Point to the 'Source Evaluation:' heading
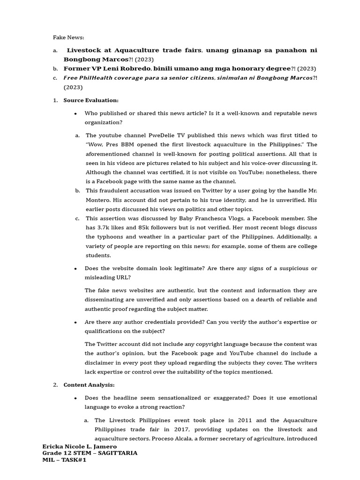click(91, 100)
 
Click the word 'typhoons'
click(110, 237)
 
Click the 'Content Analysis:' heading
click(89, 385)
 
